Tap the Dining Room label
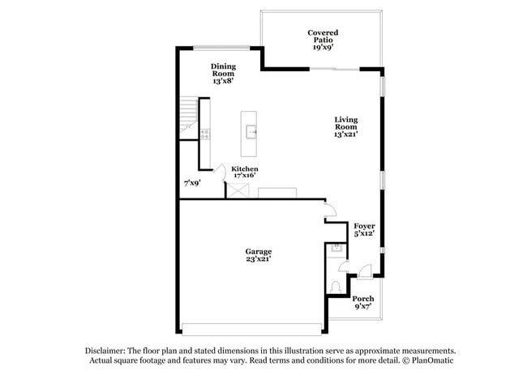[224, 74]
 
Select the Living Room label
[346, 127]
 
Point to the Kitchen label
[245, 172]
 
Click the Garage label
[259, 255]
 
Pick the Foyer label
[364, 230]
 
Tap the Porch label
[363, 303]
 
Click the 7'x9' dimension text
[192, 183]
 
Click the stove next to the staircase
[207, 133]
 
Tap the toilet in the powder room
[336, 286]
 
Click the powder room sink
[335, 250]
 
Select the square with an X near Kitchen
[238, 190]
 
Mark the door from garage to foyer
[330, 213]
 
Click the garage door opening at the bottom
[251, 329]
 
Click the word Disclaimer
[110, 350]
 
